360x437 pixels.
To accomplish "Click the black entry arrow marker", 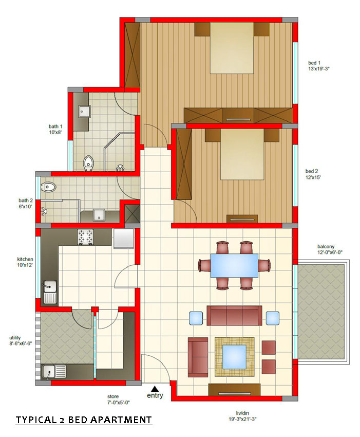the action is (x=155, y=389).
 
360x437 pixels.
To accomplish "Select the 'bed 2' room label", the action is (x=312, y=171).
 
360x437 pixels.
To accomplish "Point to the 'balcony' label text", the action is (x=326, y=246).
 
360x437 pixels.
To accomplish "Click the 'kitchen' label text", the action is (x=25, y=259).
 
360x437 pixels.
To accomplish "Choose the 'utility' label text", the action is (x=15, y=338).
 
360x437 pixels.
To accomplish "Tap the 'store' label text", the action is (x=113, y=396).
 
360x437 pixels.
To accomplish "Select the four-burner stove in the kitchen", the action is (x=85, y=237).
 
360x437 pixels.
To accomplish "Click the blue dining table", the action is (x=234, y=266).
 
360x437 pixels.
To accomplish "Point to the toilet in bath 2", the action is (x=49, y=187).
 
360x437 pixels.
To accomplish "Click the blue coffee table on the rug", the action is (x=234, y=357).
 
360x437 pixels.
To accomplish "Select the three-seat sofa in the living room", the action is (x=234, y=316).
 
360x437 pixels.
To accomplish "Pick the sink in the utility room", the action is (x=49, y=372).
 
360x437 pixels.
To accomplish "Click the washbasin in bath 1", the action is (x=84, y=112).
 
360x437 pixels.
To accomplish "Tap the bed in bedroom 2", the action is (x=242, y=154).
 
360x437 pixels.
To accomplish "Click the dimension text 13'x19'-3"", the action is (x=318, y=68).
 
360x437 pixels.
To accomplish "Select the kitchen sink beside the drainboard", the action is (x=50, y=286).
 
